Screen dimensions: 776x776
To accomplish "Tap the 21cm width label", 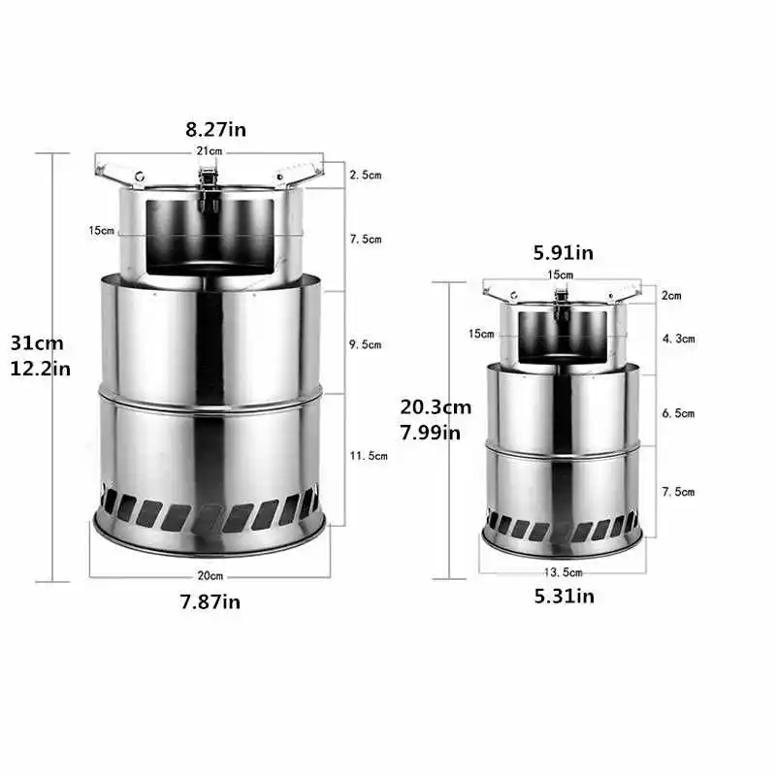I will (x=209, y=152).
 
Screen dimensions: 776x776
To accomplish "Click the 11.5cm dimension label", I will (x=369, y=455).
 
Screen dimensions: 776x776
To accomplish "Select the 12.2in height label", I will (x=36, y=368).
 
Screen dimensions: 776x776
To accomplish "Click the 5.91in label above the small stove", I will (x=563, y=254).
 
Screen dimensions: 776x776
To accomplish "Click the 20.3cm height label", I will (x=436, y=407).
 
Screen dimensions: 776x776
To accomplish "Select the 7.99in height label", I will (x=431, y=432).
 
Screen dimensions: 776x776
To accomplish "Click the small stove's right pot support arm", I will (x=620, y=292).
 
